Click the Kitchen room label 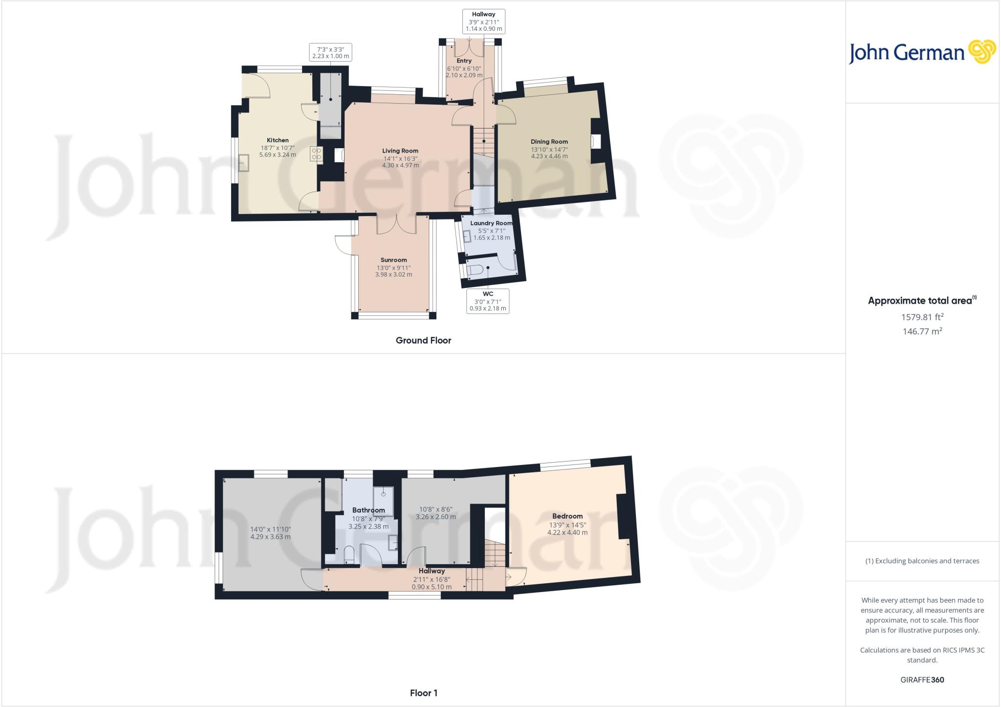278,140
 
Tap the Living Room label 400,151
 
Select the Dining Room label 549,142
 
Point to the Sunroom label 393,260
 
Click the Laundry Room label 491,223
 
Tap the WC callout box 487,301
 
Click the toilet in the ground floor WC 476,269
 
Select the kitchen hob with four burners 316,154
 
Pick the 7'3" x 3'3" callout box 330,52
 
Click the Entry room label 464,61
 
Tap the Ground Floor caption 423,341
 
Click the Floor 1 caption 423,693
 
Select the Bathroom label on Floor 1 369,510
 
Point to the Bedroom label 567,516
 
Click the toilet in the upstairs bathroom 349,554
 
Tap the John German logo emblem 981,52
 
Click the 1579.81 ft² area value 922,317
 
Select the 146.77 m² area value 922,331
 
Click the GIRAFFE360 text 922,680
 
